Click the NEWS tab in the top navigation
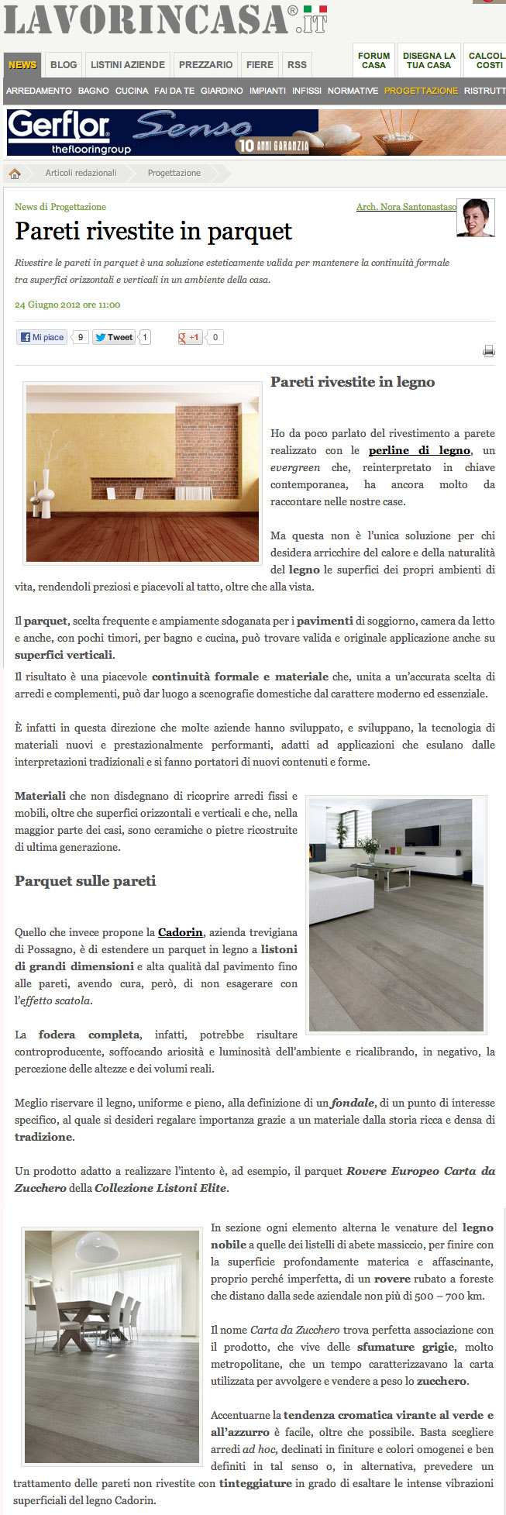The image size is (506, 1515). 22,65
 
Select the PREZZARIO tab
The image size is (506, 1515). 205,65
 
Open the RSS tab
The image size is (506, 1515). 297,65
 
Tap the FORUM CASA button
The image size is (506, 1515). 373,60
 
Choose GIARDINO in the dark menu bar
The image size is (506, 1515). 222,91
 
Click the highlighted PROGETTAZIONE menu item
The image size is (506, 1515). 421,91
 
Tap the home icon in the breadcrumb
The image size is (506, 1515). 15,173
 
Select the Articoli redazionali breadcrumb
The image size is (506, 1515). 81,173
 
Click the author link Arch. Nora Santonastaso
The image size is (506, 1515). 406,207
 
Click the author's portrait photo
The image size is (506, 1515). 476,218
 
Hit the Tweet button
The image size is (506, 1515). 114,337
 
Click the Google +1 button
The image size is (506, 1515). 191,337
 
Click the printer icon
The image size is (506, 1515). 488,351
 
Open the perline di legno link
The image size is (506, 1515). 419,450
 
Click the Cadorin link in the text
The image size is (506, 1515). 181,932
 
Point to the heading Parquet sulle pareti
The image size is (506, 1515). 85,881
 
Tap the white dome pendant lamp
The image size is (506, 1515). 97,1247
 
